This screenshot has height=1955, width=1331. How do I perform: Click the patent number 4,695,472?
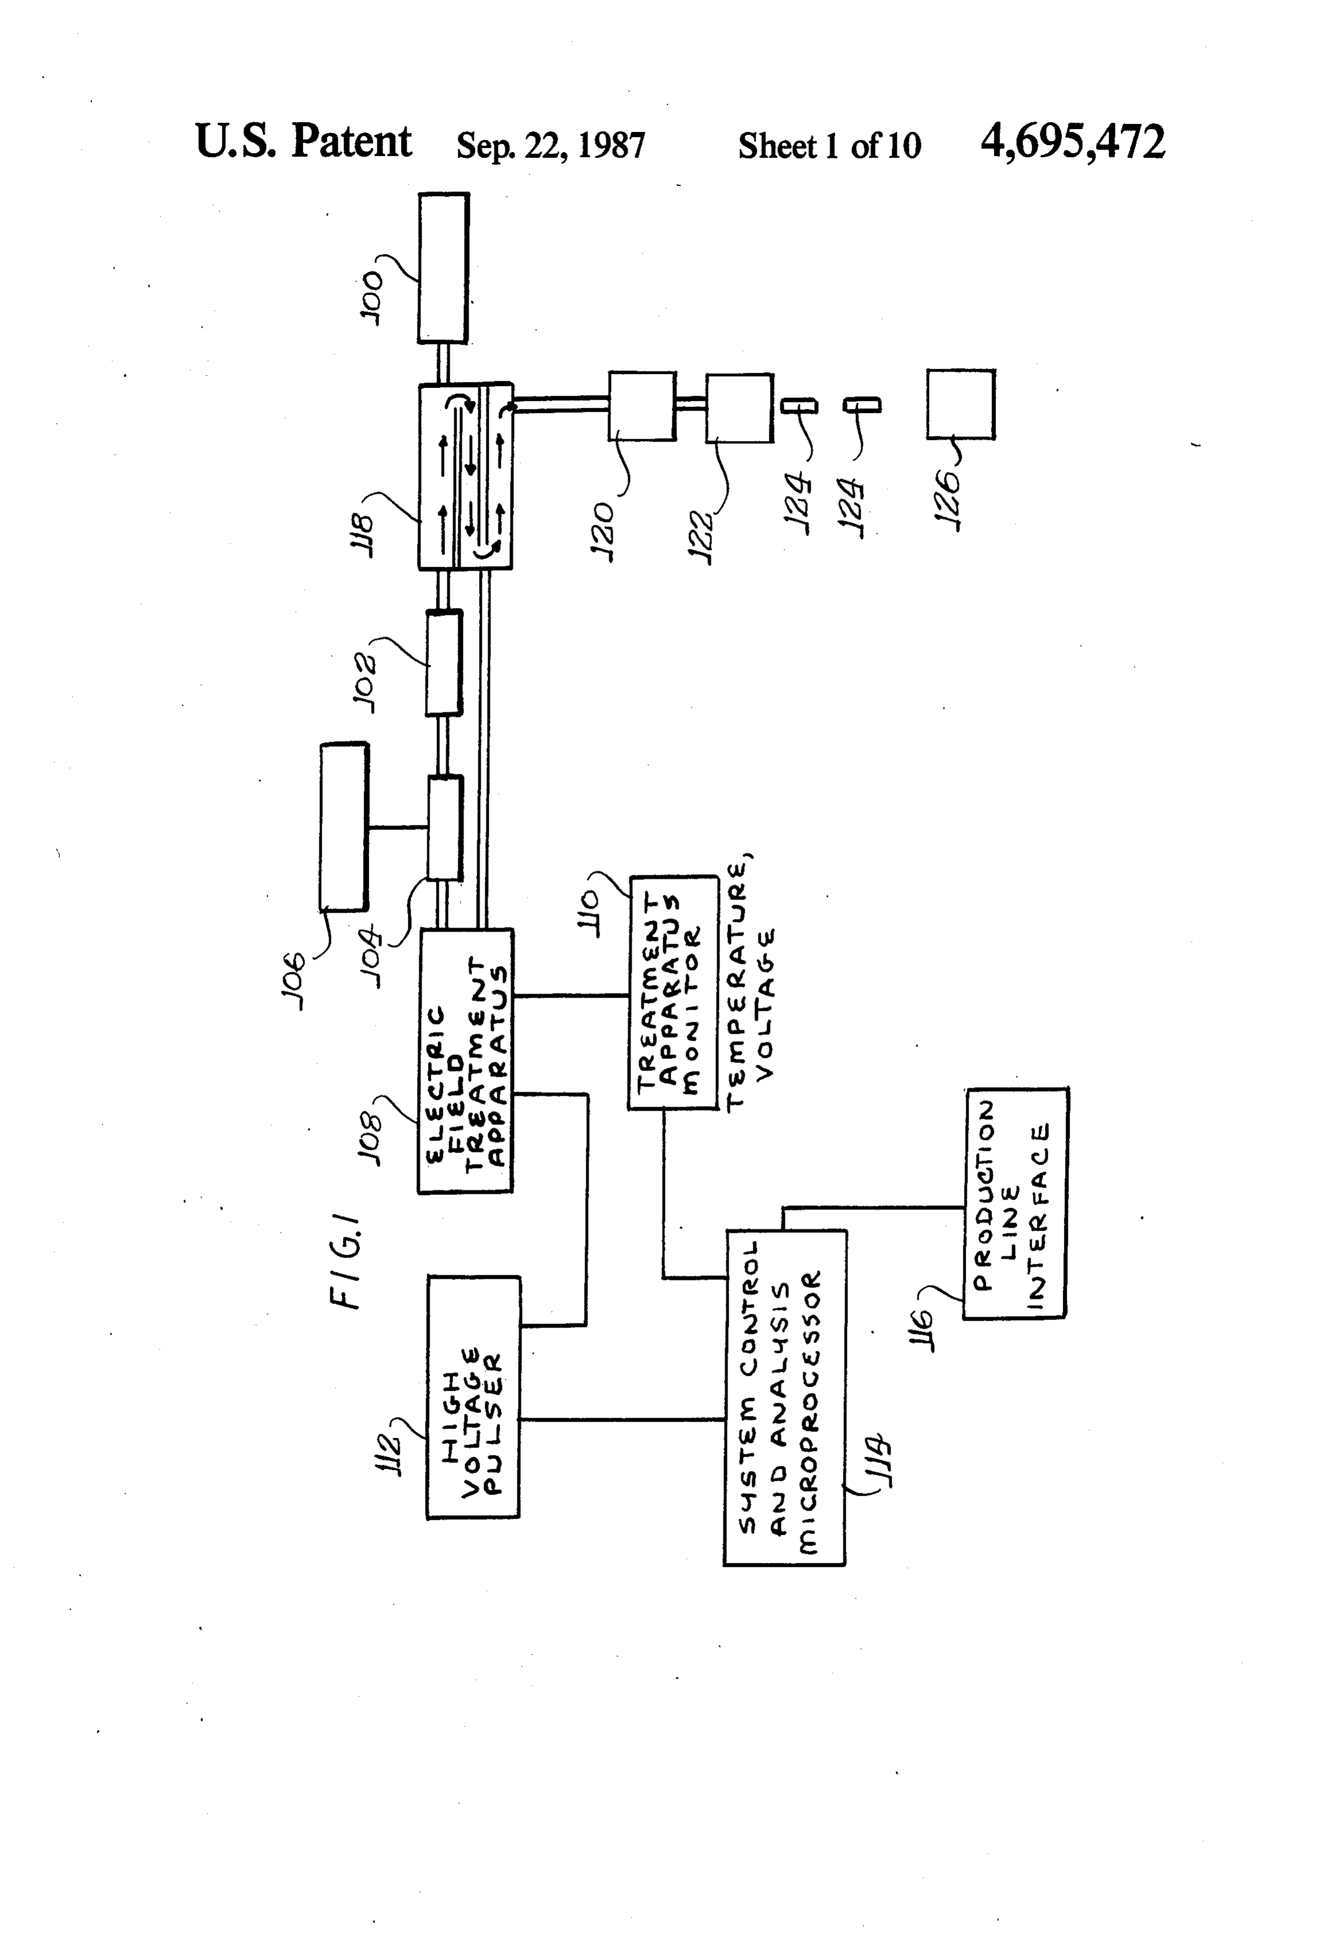1073,142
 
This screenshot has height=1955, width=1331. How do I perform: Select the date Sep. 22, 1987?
550,146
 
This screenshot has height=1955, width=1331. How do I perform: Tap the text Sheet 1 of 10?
830,146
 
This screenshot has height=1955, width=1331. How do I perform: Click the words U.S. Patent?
303,141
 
